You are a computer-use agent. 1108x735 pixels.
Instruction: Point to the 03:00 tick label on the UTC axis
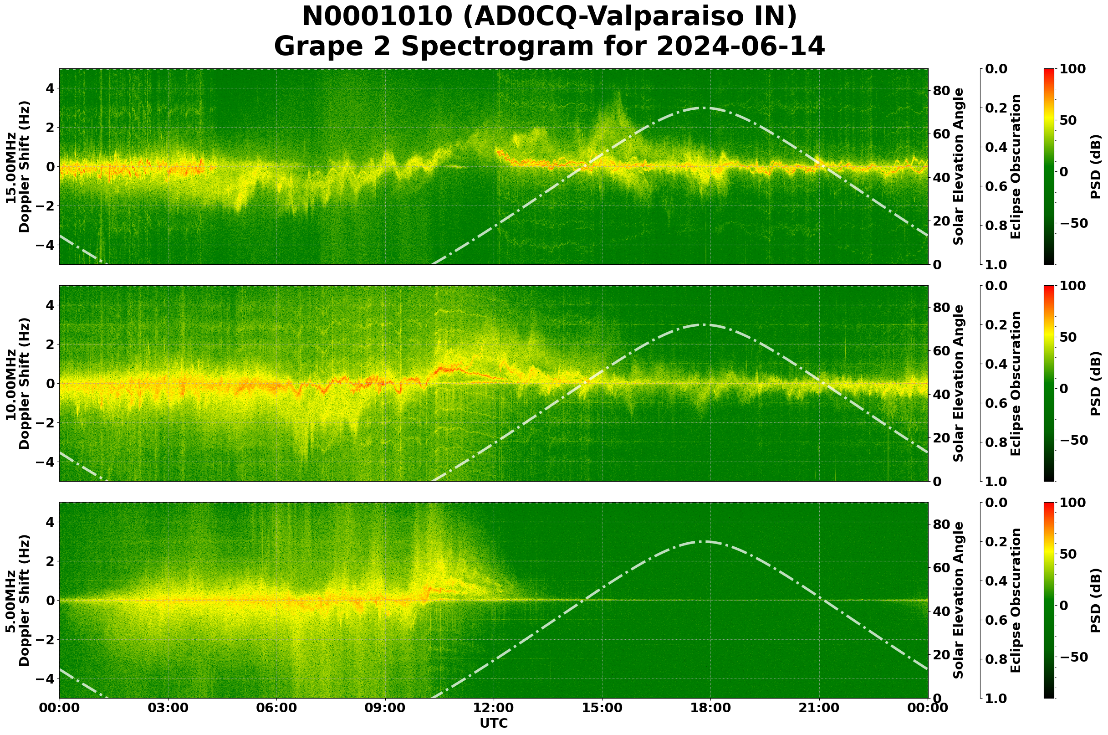[168, 708]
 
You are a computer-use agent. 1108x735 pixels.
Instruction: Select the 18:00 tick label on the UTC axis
[710, 708]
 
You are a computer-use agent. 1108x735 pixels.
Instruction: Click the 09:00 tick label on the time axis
[385, 708]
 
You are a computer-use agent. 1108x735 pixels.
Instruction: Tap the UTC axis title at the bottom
[493, 723]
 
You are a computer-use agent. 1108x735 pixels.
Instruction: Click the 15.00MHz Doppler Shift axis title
[17, 166]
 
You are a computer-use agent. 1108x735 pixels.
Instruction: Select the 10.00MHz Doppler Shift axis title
[17, 383]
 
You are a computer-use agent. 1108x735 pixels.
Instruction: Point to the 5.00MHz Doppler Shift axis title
[17, 601]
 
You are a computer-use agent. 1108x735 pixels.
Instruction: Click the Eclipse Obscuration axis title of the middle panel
[1015, 383]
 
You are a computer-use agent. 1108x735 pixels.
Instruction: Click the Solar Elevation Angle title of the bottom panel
[959, 601]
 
